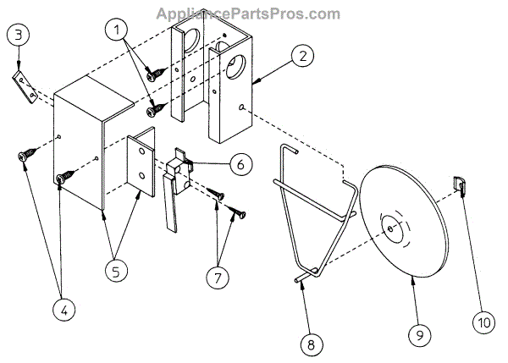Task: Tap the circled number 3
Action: pos(20,36)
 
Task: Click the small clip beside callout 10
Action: pos(461,184)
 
